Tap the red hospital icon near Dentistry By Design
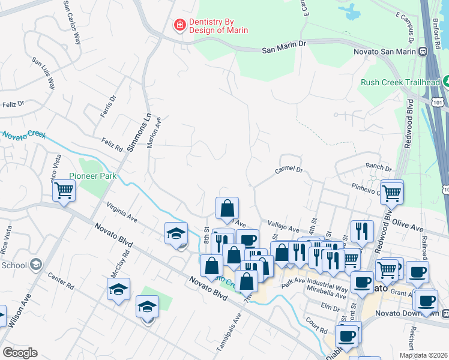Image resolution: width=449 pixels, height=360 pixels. click(179, 25)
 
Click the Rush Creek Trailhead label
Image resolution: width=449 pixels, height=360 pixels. click(399, 82)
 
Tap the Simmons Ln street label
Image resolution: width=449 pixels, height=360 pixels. click(138, 131)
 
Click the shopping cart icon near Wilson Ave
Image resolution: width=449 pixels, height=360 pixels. click(64, 191)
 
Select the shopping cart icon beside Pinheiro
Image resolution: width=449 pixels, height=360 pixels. click(391, 193)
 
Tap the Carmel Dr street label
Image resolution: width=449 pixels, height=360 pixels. click(289, 170)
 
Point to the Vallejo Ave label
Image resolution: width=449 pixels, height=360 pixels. click(283, 229)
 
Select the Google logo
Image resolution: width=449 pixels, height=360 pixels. click(20, 353)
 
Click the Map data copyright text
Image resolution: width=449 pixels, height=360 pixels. click(423, 355)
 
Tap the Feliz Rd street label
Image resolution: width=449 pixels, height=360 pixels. click(112, 144)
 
